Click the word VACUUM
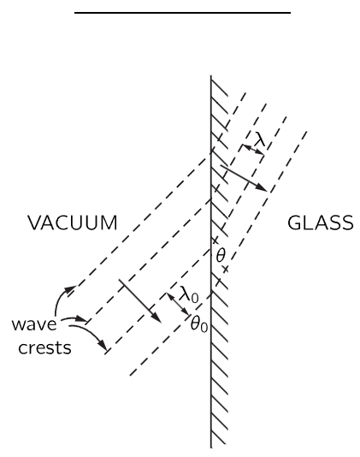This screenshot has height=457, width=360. point(73,223)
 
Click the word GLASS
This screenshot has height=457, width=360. point(321,223)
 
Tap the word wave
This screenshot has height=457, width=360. point(34,324)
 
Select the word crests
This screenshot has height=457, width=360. point(44,348)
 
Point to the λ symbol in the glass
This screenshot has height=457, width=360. point(259,139)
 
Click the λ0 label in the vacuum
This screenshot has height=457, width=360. point(189,294)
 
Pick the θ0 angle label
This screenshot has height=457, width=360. point(199,323)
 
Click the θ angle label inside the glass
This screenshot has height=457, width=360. point(221,256)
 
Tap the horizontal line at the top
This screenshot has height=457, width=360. point(182,13)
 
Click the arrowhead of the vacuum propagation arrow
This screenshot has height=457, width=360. point(157,319)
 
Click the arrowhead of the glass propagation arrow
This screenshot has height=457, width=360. point(263,188)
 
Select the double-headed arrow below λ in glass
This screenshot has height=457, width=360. point(253,150)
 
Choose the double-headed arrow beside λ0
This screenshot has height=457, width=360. point(179,304)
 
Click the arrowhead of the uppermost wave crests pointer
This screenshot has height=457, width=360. point(70,289)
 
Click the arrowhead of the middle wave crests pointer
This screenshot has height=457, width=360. point(81,319)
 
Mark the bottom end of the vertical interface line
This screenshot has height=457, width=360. point(211,448)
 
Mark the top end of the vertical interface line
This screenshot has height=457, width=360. point(211,75)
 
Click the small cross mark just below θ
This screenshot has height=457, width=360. point(225,269)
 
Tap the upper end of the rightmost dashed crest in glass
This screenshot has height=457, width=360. point(307,132)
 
